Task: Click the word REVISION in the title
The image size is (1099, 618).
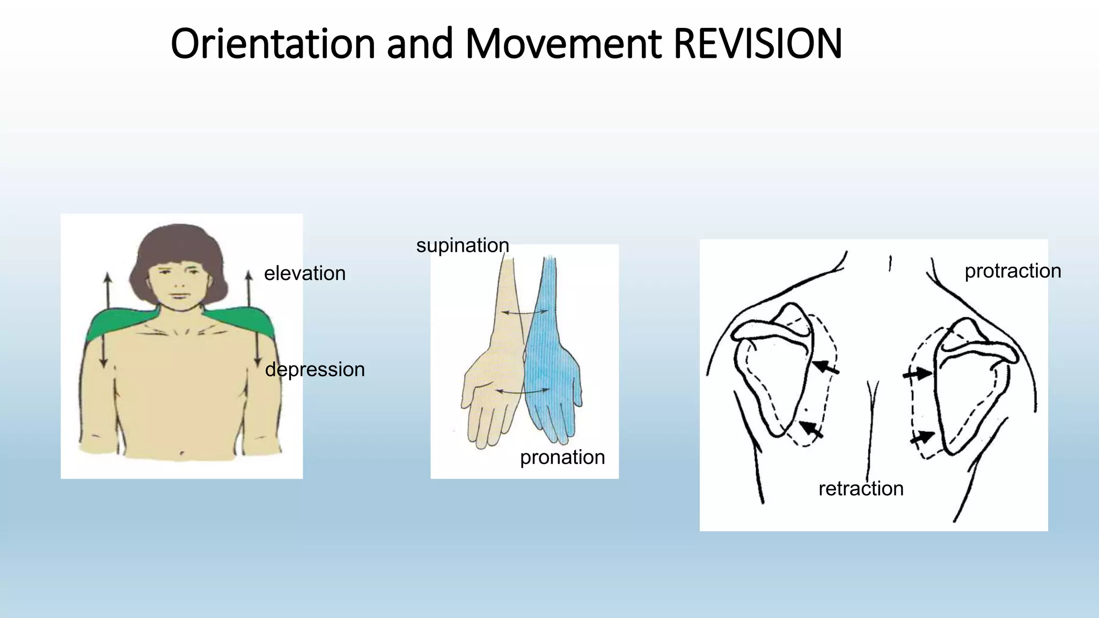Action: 757,44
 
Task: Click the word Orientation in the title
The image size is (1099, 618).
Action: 273,44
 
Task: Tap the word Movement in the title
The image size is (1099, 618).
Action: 563,44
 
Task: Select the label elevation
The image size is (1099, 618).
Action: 305,274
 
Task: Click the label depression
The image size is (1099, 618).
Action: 315,370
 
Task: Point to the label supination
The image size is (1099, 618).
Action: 463,246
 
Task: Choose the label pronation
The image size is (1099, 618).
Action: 562,457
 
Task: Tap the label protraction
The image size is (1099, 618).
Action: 1013,271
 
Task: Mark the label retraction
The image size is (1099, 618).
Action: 861,489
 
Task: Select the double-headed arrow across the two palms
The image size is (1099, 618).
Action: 522,391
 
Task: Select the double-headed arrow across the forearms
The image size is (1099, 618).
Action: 525,312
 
